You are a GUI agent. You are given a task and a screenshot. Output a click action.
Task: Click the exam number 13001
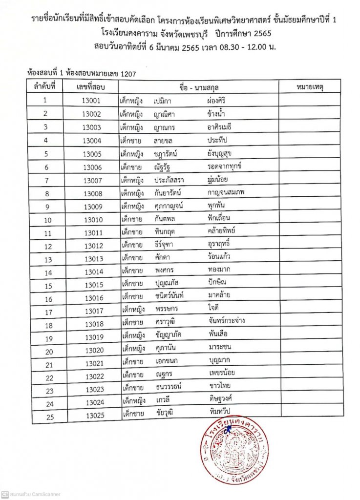pos(92,100)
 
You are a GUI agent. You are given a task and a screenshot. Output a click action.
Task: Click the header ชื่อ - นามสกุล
pos(199,87)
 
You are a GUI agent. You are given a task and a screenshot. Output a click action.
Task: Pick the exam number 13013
pos(93,259)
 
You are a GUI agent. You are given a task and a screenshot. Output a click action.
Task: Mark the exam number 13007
pos(92,180)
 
